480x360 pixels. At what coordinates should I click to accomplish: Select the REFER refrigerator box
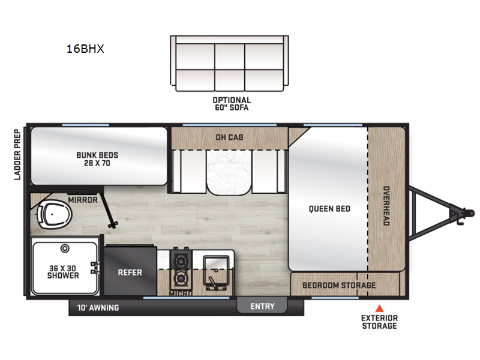[130, 272]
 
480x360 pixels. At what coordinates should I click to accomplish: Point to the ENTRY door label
[262, 306]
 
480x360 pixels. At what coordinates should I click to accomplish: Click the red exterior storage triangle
[379, 308]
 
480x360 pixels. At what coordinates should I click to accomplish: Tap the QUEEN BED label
[329, 209]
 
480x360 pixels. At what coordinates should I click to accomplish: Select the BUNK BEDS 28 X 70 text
[97, 159]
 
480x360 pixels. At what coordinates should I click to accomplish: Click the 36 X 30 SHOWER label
[63, 272]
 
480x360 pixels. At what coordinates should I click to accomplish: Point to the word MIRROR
[82, 200]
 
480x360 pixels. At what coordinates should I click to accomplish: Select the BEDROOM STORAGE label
[339, 285]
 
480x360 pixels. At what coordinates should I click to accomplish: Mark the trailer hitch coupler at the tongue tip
[462, 213]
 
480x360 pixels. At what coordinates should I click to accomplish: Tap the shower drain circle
[66, 247]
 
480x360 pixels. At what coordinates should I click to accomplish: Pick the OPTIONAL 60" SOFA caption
[231, 104]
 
